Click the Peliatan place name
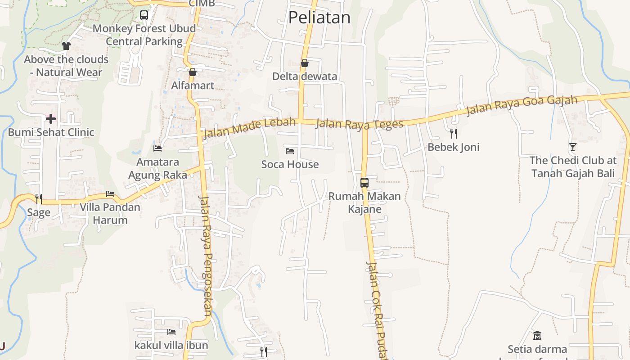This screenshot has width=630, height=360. tap(319, 17)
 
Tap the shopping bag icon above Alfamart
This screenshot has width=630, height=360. tap(193, 72)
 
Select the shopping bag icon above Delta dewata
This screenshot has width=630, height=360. tap(305, 63)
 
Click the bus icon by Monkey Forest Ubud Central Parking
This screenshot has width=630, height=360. tap(144, 15)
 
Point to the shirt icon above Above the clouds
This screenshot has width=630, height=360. tap(66, 45)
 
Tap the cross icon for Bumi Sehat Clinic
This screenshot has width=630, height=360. tap(51, 119)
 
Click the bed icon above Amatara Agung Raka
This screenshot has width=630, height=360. tap(157, 148)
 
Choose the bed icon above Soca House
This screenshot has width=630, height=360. tap(290, 151)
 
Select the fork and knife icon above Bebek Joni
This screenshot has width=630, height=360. tap(454, 133)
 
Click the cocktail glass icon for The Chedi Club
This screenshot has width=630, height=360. tap(572, 147)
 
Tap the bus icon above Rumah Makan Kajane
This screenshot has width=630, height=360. tap(364, 183)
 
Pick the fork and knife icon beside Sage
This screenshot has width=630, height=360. tap(39, 198)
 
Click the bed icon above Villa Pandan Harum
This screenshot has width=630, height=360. tap(110, 194)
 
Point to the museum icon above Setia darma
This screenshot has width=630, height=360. tap(537, 335)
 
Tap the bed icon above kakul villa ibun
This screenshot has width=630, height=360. tap(171, 332)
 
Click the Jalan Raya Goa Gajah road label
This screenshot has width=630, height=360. tap(522, 105)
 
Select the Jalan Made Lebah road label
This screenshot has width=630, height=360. tap(249, 128)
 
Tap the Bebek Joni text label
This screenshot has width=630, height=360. tap(454, 147)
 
